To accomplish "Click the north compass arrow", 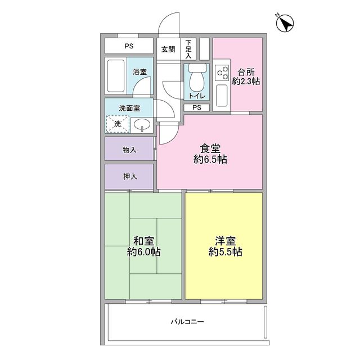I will tap(286, 24).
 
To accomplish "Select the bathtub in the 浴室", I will tap(116, 76).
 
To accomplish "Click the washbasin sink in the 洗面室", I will tap(141, 124).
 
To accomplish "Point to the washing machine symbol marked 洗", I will tap(118, 124).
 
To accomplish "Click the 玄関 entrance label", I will tap(168, 49).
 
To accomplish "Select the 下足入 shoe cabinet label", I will tap(189, 49).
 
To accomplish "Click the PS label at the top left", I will tap(129, 46).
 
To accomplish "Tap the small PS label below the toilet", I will tap(196, 107).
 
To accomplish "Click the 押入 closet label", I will tap(129, 177).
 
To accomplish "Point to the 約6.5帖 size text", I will tap(210, 160).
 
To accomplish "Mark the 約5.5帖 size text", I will tap(225, 252).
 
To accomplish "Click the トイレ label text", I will tap(196, 96).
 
